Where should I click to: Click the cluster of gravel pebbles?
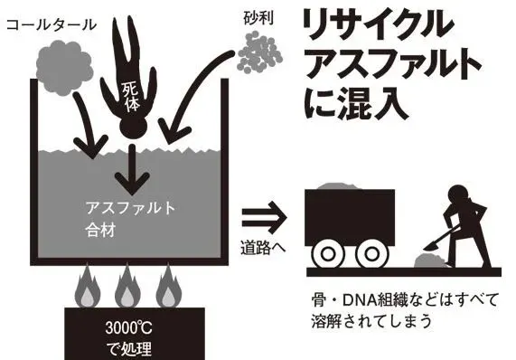pyautogui.click(x=259, y=52)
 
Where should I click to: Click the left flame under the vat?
pyautogui.click(x=89, y=287)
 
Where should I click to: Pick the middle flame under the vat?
pyautogui.click(x=127, y=287)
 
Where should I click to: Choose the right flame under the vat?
pyautogui.click(x=167, y=287)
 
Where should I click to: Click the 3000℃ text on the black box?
pyautogui.click(x=128, y=326)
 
